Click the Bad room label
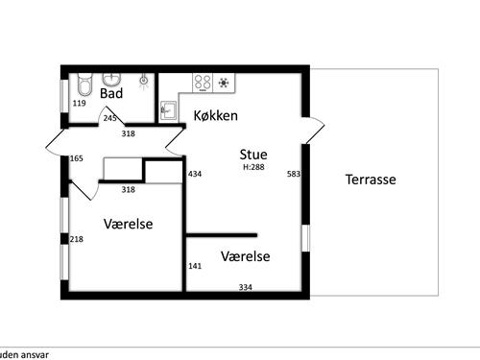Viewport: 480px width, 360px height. point(110,94)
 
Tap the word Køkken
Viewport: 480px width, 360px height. point(215,115)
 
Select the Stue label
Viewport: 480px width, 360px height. point(253,154)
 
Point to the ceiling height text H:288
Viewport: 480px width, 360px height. point(253,167)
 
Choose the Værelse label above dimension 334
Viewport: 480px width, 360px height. point(245,256)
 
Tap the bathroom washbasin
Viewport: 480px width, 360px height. point(111,79)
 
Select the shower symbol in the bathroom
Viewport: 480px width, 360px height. point(144,81)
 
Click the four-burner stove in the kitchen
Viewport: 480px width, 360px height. point(204,83)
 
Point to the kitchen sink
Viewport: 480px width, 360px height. point(168,110)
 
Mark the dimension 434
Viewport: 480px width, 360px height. point(195,175)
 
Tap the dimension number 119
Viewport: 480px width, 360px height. point(80,103)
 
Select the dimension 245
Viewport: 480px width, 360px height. point(110,118)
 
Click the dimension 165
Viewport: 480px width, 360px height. point(77,158)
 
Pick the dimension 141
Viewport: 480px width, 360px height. point(195,266)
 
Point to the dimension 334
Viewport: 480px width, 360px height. point(245,286)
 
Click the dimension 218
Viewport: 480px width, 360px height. point(78,239)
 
